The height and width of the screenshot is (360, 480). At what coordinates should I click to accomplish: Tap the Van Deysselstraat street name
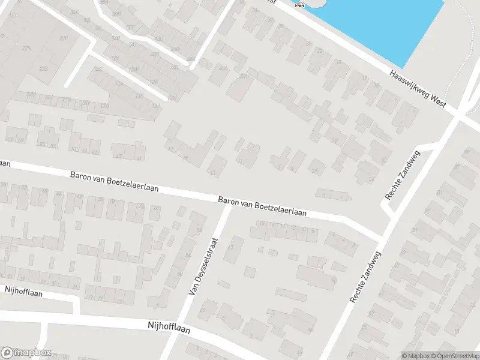pyautogui.click(x=202, y=265)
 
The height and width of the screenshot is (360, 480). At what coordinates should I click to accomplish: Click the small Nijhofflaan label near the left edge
pyautogui.click(x=22, y=290)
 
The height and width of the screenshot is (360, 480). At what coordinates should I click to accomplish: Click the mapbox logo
pyautogui.click(x=26, y=353)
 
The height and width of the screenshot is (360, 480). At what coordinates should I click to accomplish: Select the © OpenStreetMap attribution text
pyautogui.click(x=455, y=355)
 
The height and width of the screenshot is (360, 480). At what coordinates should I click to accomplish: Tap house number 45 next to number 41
pyautogui.click(x=118, y=157)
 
